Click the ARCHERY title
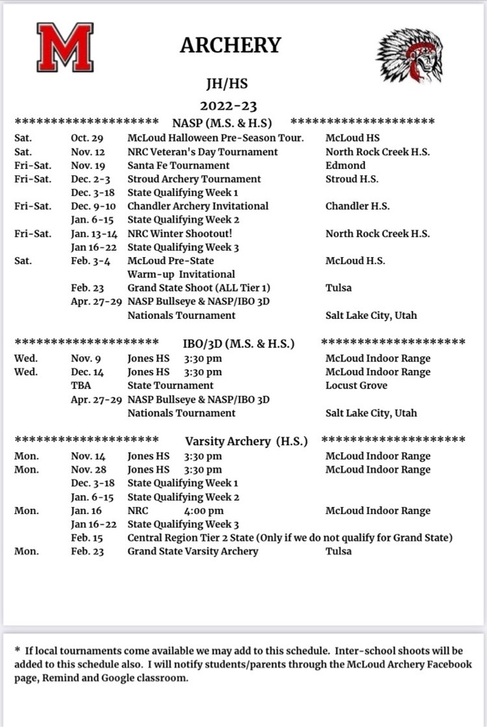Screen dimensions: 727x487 (x=230, y=45)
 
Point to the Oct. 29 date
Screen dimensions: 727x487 (x=87, y=138)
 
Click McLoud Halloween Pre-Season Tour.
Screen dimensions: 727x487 (x=215, y=138)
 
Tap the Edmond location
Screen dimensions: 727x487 (x=346, y=165)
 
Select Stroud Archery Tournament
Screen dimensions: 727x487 (x=194, y=179)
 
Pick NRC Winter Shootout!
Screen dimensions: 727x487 (x=180, y=234)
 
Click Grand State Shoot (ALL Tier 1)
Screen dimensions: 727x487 (x=199, y=288)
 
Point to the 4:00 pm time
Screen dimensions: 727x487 (x=204, y=510)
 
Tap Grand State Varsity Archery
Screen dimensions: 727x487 (x=192, y=551)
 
